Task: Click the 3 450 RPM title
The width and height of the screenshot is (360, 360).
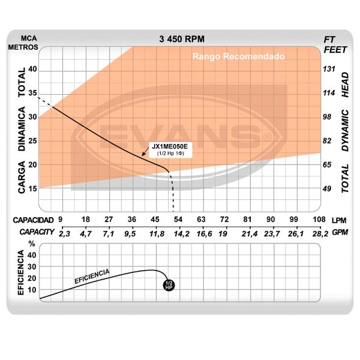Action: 182,39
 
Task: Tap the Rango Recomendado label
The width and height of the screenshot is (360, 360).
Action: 238,57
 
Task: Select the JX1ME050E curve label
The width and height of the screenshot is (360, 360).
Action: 169,146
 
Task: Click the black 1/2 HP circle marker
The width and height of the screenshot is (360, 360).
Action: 169,284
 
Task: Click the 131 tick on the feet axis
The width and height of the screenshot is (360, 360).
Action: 329,69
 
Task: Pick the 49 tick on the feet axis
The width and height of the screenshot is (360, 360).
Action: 329,188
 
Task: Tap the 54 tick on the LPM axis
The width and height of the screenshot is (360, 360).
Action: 178,220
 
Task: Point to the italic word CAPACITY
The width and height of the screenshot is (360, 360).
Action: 35,232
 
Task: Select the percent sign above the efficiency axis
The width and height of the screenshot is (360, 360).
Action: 32,244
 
